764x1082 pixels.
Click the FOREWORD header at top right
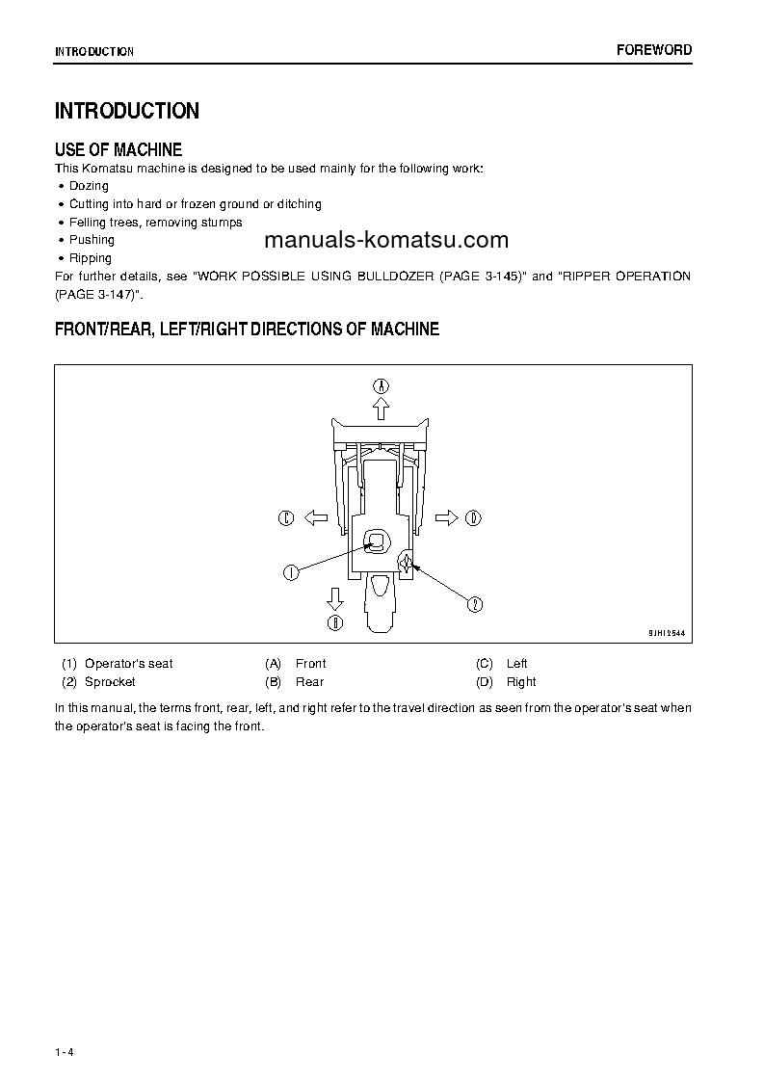[x=653, y=50]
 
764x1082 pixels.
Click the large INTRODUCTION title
[x=127, y=111]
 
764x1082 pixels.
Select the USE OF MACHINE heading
[x=119, y=149]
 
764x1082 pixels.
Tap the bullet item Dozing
[x=89, y=186]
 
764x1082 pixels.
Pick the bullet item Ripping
[x=90, y=258]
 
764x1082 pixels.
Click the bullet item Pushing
[x=92, y=240]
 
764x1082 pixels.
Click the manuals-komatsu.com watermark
[x=384, y=240]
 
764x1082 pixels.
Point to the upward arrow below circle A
[x=382, y=409]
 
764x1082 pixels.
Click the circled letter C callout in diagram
[x=286, y=518]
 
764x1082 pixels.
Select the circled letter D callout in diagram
[x=473, y=518]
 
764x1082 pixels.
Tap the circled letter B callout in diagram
[x=334, y=622]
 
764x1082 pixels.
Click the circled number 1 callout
[x=290, y=572]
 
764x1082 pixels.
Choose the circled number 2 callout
[x=475, y=604]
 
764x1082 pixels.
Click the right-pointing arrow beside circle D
[x=446, y=518]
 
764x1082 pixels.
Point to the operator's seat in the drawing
[x=377, y=542]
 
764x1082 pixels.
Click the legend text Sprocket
[x=110, y=682]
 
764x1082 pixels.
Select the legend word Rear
[x=309, y=682]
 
